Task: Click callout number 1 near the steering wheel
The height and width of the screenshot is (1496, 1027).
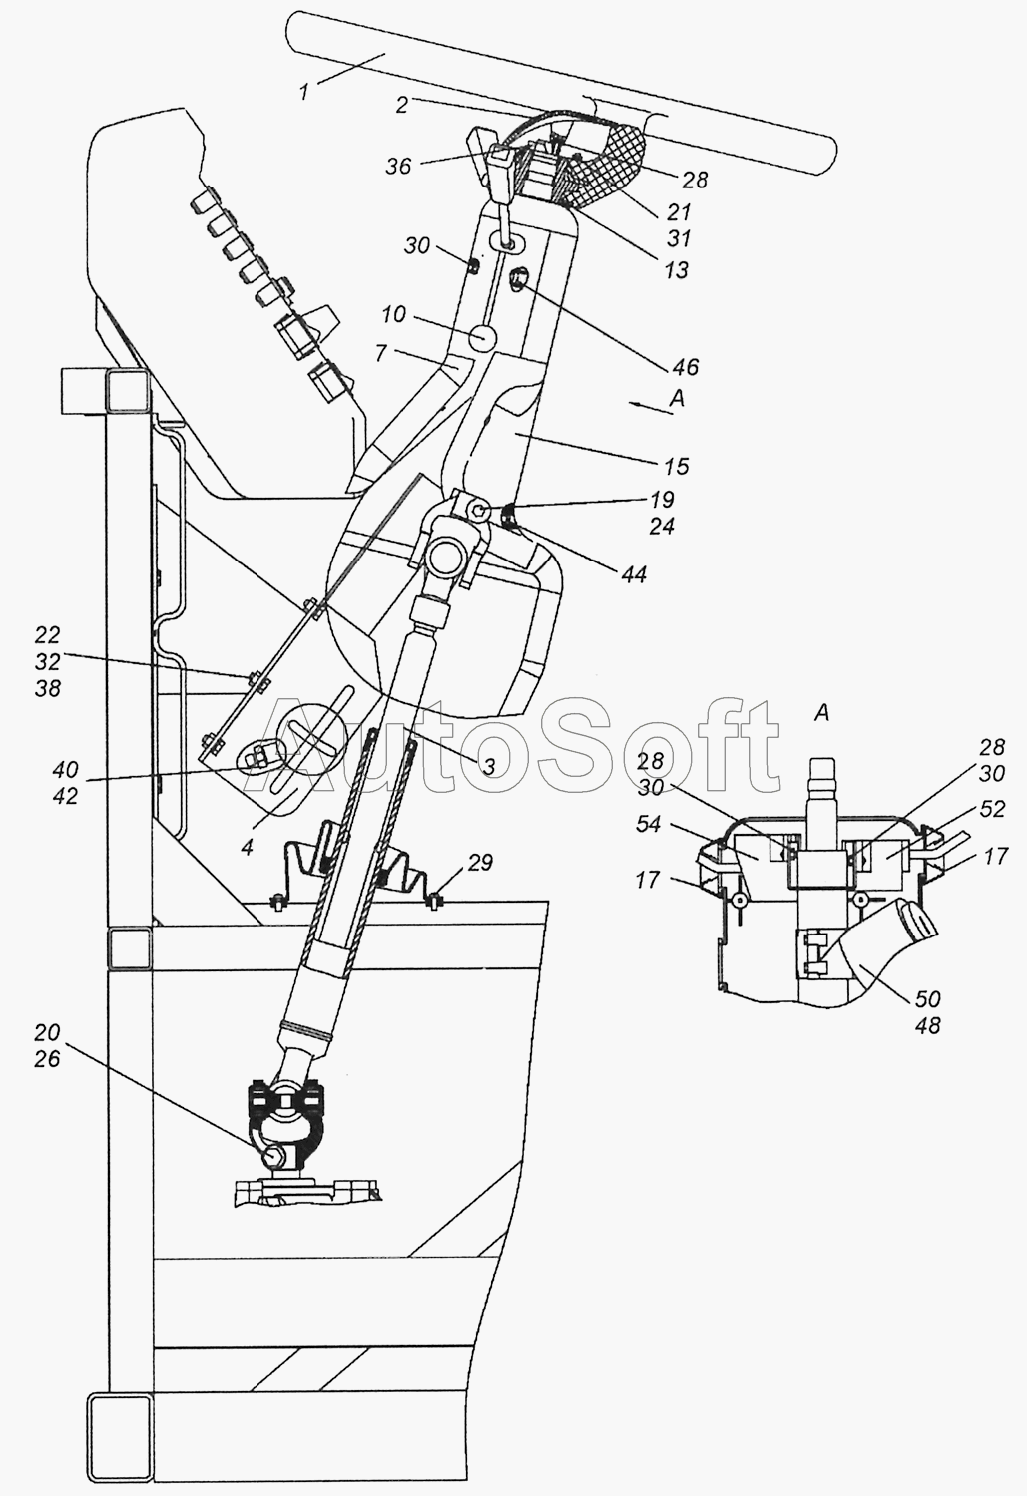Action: tap(304, 92)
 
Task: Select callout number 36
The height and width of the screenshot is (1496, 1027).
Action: tap(399, 166)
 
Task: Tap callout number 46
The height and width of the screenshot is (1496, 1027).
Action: tap(685, 367)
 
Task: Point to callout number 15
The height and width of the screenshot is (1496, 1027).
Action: tap(677, 466)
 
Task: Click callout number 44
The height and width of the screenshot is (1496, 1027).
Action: tap(634, 574)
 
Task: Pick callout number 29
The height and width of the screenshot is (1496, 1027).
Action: tap(480, 863)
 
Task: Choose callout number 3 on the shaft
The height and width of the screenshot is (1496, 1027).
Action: tap(489, 767)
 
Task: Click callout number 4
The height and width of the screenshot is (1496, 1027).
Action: tap(248, 848)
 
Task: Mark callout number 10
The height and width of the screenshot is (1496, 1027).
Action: tap(394, 314)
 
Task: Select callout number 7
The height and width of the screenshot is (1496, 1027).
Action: tap(381, 353)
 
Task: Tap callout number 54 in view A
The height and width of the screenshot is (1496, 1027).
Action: tap(648, 824)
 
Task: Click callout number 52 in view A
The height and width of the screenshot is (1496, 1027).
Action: tap(992, 809)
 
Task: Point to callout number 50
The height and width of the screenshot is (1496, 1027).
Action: tap(927, 999)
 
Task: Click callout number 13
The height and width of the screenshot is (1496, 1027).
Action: tap(677, 270)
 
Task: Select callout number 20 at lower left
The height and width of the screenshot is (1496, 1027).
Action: tap(47, 1033)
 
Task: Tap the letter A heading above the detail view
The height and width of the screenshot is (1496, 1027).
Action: tap(821, 713)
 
